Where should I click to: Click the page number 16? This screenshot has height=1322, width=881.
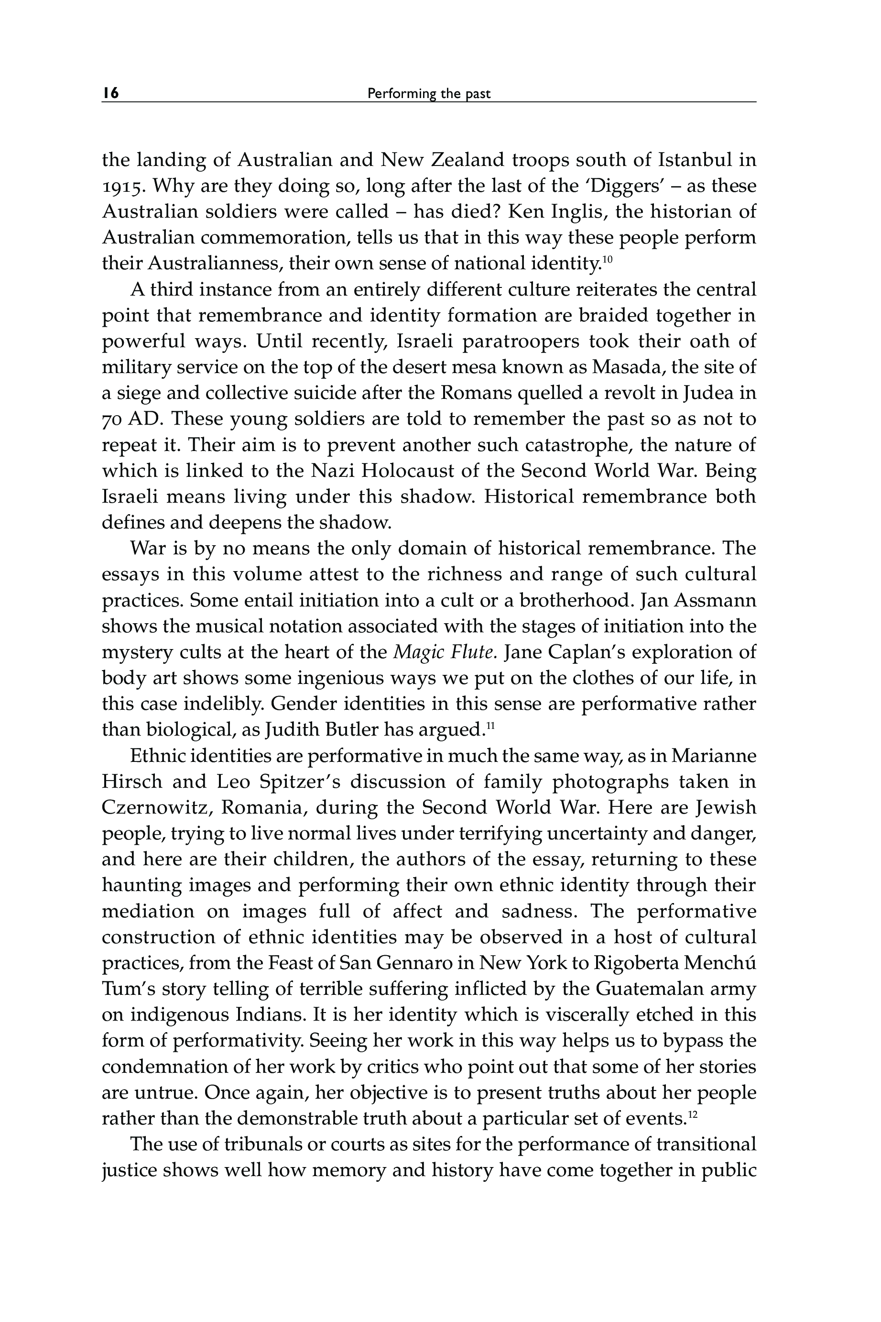pos(111,93)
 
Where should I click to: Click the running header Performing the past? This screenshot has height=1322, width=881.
pos(428,94)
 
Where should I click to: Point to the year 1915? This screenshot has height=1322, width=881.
pos(121,186)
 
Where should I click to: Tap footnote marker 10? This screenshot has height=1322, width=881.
pos(607,259)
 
